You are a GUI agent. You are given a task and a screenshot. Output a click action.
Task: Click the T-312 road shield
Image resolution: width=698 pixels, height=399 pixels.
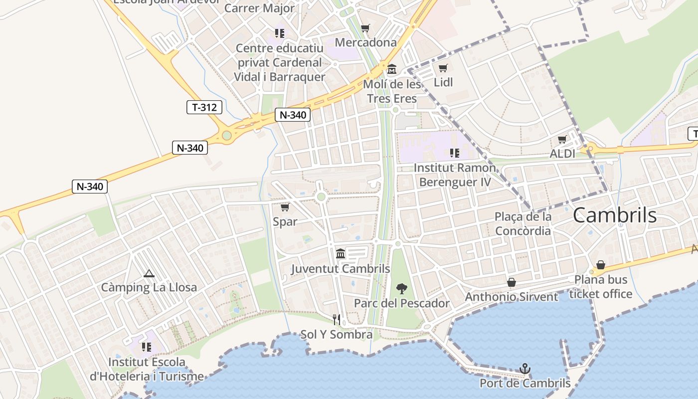[204, 107]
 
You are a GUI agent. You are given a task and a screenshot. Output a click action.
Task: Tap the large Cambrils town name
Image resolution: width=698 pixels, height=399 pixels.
[614, 215]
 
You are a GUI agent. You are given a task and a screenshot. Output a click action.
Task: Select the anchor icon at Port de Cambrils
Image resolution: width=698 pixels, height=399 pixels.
[524, 369]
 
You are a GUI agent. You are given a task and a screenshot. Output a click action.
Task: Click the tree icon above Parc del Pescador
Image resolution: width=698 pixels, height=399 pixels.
[401, 288]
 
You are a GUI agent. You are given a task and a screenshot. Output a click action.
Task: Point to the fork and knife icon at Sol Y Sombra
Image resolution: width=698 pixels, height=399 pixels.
[337, 319]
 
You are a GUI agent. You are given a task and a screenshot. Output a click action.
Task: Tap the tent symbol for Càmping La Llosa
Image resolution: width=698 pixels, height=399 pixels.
[149, 273]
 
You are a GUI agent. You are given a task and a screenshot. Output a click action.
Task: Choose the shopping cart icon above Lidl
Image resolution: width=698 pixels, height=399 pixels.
[443, 68]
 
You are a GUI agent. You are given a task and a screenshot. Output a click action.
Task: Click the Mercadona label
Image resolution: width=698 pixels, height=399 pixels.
[365, 42]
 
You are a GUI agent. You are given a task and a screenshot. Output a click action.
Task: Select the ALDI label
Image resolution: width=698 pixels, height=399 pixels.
[562, 154]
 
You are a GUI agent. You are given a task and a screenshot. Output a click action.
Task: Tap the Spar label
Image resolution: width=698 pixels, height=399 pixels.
[285, 221]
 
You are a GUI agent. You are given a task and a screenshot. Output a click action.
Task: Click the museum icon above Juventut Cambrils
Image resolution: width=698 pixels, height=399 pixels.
[341, 254]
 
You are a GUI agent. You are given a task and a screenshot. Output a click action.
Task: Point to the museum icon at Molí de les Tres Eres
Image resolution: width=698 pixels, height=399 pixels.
[392, 69]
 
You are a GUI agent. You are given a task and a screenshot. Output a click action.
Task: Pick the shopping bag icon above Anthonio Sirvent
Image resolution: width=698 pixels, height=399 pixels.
[512, 282]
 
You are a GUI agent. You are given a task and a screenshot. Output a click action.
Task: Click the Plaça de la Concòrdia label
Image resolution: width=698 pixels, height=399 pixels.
[523, 223]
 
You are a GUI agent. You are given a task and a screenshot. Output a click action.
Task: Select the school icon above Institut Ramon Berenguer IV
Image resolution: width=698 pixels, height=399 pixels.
[454, 153]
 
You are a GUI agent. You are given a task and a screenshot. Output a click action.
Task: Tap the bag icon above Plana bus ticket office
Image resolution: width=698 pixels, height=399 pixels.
[601, 265]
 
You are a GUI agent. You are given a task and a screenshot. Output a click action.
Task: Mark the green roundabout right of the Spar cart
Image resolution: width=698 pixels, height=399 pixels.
[321, 197]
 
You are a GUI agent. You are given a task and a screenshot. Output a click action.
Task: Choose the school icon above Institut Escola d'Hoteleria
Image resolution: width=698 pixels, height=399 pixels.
[146, 347]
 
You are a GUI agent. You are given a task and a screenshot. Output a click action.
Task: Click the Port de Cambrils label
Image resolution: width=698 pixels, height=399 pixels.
[525, 384]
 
